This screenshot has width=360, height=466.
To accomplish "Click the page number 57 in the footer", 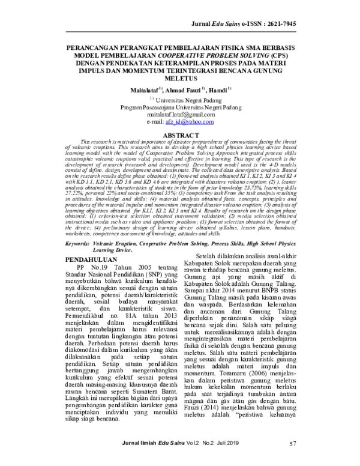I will [293, 461].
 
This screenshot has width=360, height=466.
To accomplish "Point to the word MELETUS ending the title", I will [180, 78].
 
